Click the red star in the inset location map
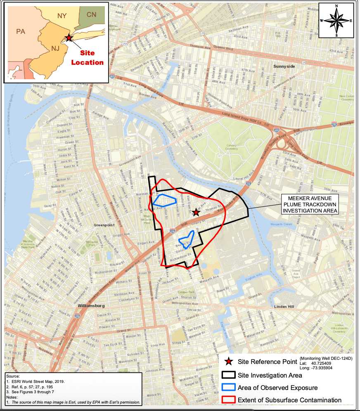tap(69, 38)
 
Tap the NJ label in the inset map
tap(55, 49)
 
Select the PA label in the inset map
tap(21, 31)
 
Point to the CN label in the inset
tap(91, 15)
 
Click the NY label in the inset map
tap(62, 16)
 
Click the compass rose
tap(336, 20)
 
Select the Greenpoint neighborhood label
tap(104, 225)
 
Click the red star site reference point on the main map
tap(196, 213)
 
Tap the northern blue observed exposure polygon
tap(164, 200)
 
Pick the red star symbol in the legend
tap(227, 362)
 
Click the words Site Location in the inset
tap(87, 58)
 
